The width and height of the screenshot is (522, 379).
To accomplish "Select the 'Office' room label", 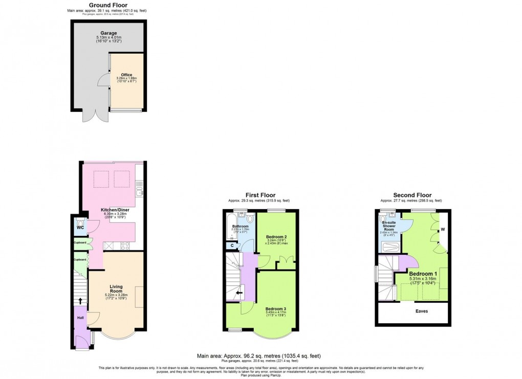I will coord(126,75).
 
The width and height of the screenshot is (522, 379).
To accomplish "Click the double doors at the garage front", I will coord(95,116).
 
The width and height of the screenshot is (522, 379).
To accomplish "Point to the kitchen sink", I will coord(140,192).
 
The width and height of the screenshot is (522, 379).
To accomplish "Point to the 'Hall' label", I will coord(80,318).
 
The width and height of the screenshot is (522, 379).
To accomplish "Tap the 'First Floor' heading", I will coord(260,195).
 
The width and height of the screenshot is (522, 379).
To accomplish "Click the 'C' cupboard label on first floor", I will coord(232,246).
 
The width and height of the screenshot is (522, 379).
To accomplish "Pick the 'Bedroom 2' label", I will coord(276,237).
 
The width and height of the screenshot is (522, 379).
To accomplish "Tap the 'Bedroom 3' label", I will coord(276,309).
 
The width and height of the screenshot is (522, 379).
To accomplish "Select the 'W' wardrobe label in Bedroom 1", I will coord(443,230).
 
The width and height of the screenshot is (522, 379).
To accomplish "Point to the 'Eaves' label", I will coord(421,311).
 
